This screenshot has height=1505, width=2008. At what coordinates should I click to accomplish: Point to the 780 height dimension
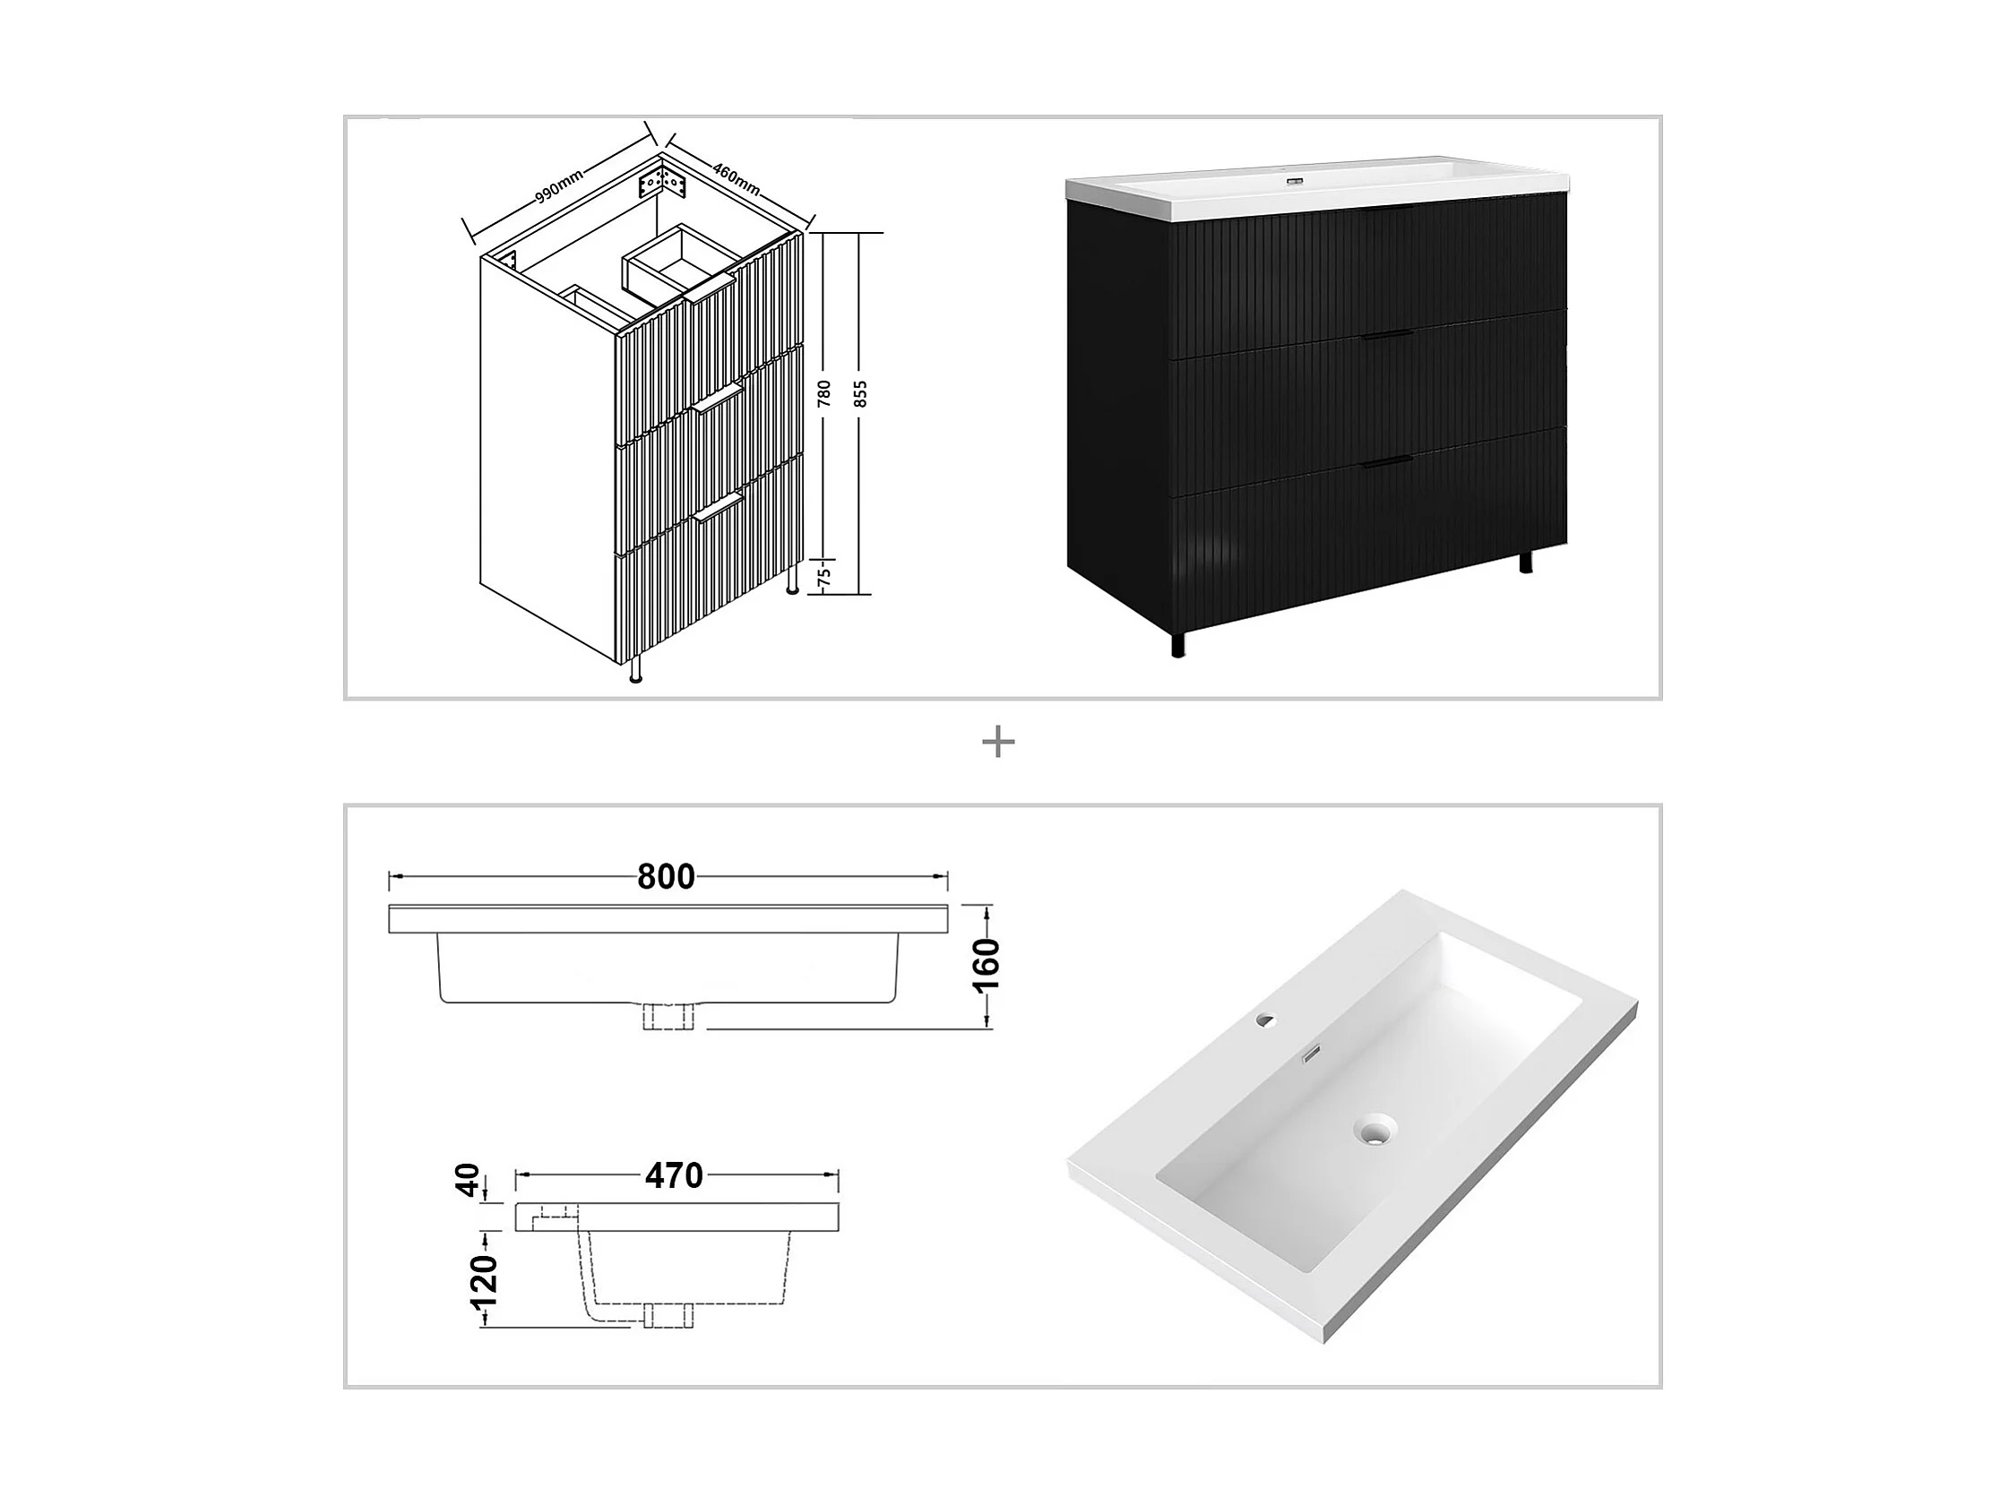click(824, 392)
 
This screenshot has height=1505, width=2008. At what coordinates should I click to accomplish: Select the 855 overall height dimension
click(861, 392)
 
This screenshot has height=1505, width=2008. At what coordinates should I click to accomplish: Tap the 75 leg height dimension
click(824, 575)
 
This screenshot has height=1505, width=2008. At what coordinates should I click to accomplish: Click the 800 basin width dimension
click(667, 877)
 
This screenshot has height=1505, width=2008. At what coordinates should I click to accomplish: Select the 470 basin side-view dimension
click(674, 1176)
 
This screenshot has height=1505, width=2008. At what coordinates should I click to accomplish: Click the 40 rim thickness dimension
click(468, 1181)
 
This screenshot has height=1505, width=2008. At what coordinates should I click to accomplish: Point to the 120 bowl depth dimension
click(484, 1279)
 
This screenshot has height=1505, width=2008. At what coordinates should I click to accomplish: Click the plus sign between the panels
click(997, 744)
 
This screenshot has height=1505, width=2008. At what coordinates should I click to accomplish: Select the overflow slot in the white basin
click(1312, 1054)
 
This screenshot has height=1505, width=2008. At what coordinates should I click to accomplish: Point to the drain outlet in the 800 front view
click(668, 1016)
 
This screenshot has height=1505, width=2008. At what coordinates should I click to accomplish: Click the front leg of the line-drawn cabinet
click(635, 671)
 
